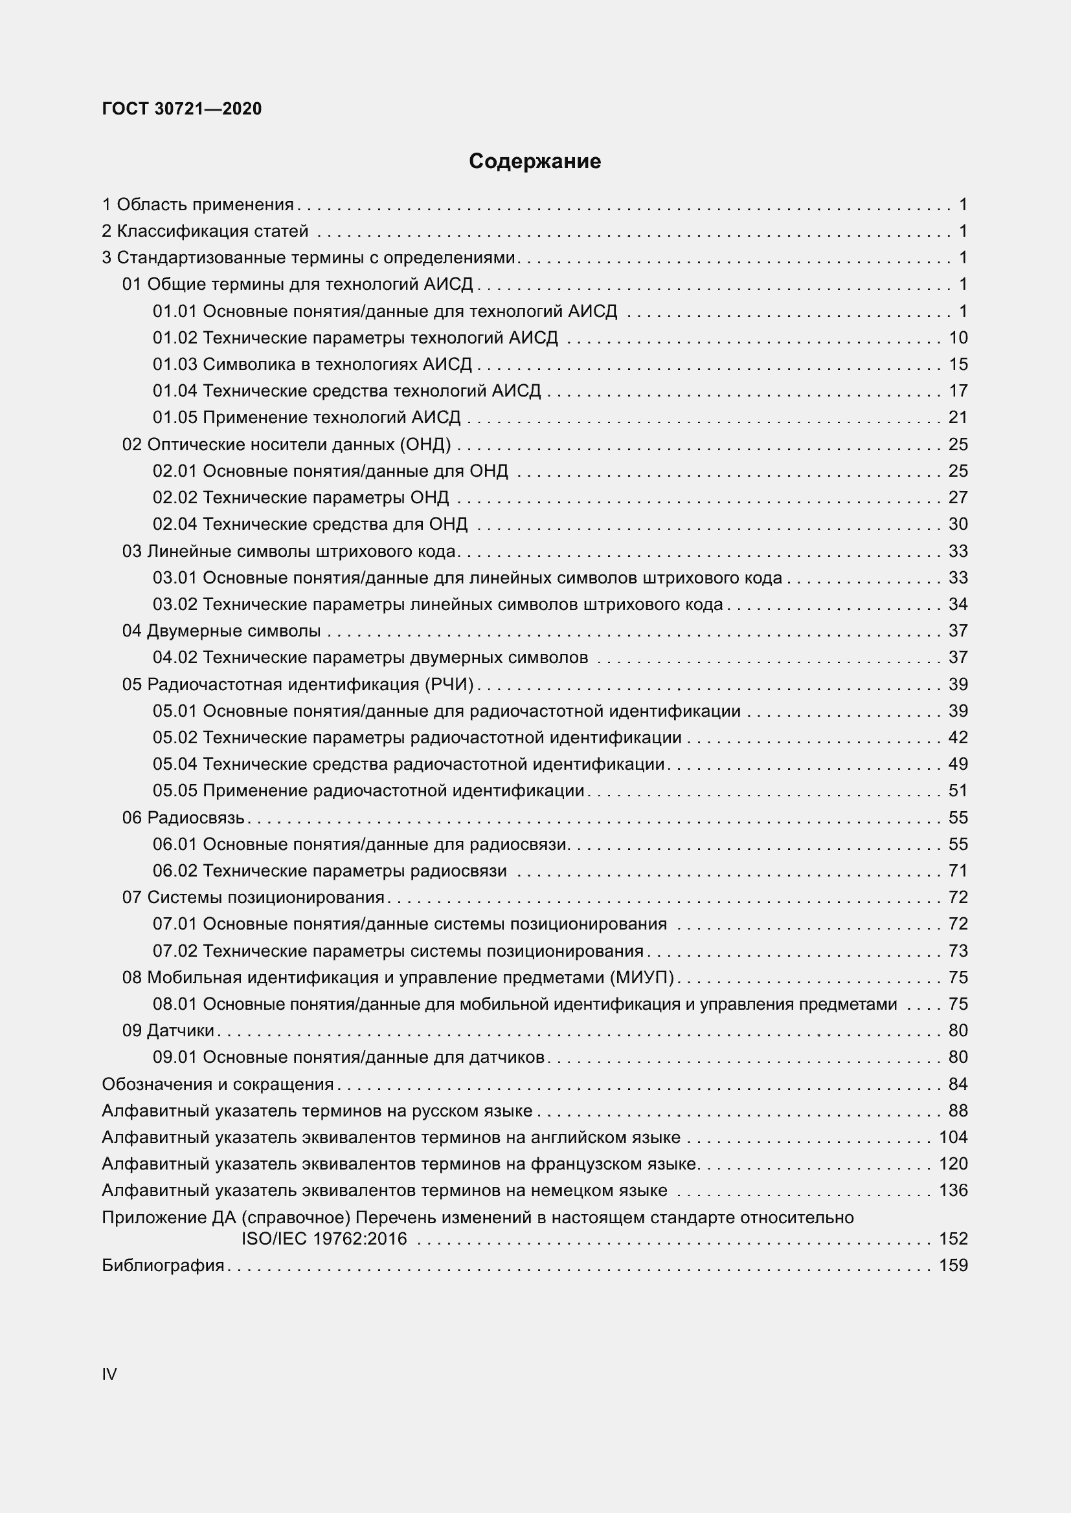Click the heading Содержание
tap(534, 162)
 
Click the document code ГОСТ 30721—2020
tap(182, 109)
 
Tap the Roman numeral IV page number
tap(109, 1374)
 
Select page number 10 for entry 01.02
tap(958, 338)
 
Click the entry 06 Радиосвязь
tap(183, 818)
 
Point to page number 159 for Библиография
tap(953, 1265)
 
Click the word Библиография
tap(163, 1265)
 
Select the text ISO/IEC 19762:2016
tap(324, 1239)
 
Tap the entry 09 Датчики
tap(168, 1030)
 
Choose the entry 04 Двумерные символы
tap(221, 631)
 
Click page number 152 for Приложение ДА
tap(953, 1239)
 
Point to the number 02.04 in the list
tap(175, 524)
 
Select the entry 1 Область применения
tap(198, 205)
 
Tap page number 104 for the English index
tap(953, 1137)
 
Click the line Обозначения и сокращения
tap(218, 1084)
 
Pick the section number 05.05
tap(175, 790)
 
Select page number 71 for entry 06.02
tap(958, 871)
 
